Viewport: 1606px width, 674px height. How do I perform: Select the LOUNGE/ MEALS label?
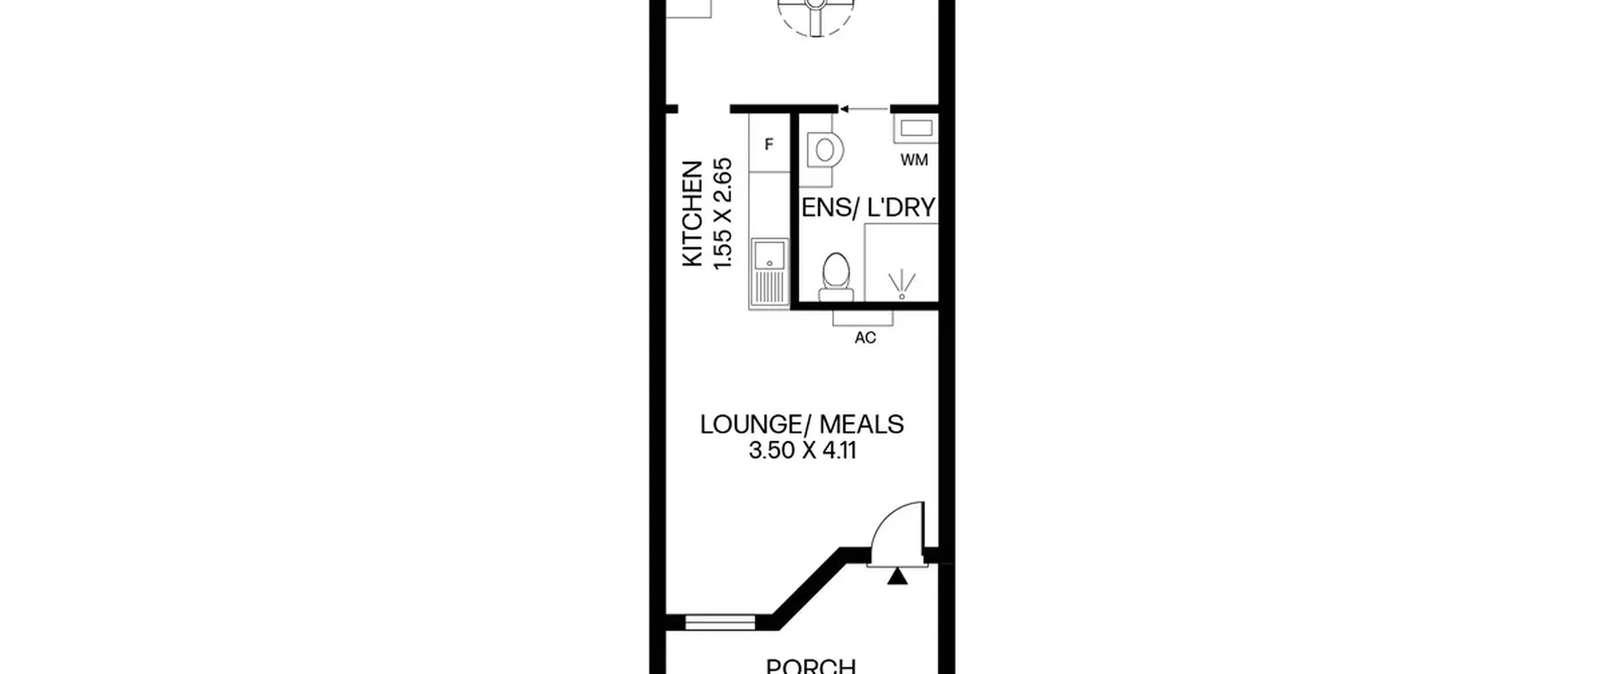point(802,424)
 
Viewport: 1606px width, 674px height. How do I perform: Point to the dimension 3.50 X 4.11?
point(802,451)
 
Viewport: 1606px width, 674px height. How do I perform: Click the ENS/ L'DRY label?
point(869,208)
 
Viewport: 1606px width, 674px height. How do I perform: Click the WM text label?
point(914,161)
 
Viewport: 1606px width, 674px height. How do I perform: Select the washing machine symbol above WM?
point(916,129)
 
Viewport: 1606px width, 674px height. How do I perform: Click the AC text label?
point(865,338)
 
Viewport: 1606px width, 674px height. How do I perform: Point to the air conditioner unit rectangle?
point(863,318)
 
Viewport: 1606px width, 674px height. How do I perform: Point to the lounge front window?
point(720,622)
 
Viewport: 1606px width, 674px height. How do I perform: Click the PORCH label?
point(811,666)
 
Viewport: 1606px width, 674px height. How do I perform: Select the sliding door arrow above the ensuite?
point(863,109)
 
